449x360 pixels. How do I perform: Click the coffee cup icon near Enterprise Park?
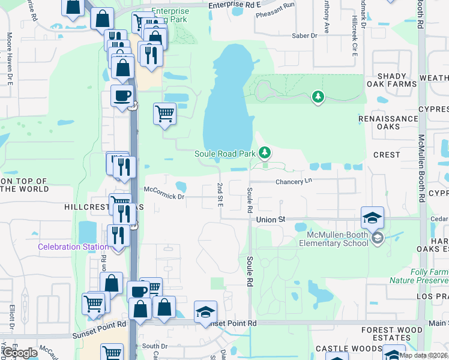(122, 96)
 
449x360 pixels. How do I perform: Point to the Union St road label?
(271, 220)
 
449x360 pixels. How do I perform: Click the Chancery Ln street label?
(294, 181)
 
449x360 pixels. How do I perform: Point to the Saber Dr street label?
(304, 36)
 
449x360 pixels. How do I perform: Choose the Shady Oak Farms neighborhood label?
(396, 80)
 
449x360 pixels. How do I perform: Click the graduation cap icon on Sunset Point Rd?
(205, 312)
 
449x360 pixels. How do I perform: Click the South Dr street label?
(155, 346)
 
